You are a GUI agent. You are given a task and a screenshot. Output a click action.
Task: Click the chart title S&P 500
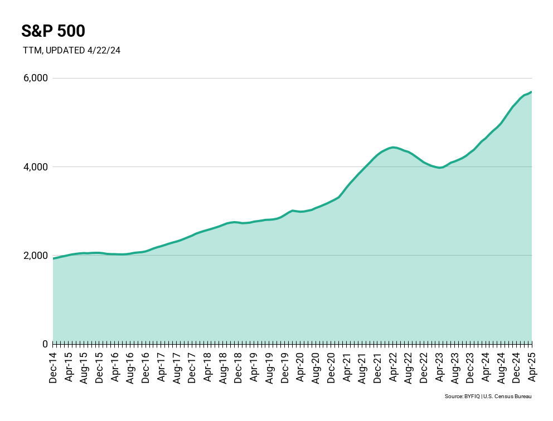(x=53, y=31)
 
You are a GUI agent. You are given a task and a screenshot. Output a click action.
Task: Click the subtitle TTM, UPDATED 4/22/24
(x=71, y=50)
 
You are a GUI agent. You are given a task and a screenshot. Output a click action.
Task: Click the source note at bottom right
(x=488, y=396)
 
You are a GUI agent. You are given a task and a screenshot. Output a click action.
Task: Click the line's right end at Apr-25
(x=531, y=92)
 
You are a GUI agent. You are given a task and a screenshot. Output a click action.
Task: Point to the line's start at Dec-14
(x=54, y=258)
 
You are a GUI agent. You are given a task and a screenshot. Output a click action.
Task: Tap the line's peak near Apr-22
(x=393, y=147)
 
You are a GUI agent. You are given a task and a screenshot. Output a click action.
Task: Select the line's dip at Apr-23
(x=440, y=167)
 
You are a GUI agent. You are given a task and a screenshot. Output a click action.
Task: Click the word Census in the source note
(x=502, y=396)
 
